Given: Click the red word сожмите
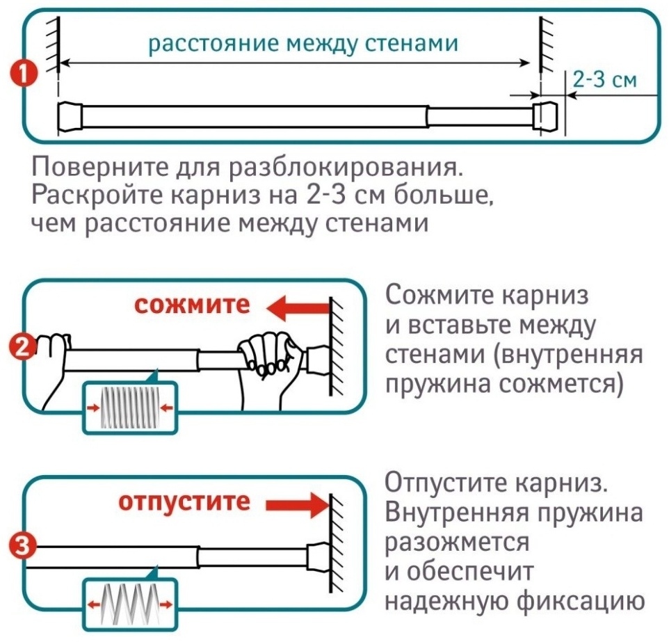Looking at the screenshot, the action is pos(192,305).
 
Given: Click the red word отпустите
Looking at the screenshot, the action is pos(184,502).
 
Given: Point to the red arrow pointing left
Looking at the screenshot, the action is pos(298,308).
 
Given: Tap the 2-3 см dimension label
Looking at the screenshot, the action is pos(604,79).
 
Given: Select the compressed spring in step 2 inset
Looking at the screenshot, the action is pos(130,408).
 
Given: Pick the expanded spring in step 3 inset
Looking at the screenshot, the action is pos(130,604).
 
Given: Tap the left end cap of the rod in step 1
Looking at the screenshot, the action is pos(70,115).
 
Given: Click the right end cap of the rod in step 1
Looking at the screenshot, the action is pos(545,115).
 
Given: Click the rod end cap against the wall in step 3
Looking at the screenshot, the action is pos(317,555).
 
